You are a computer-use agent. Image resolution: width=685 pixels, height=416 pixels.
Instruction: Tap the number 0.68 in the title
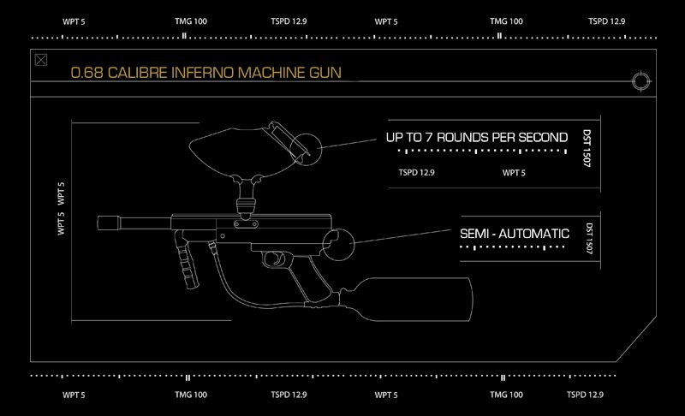coord(87,73)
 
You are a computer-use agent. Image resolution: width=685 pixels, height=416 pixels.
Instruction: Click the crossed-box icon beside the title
coord(40,60)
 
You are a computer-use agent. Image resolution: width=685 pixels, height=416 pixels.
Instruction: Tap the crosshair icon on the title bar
coord(640,81)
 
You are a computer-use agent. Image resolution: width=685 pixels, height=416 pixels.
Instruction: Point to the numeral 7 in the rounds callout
coord(429,138)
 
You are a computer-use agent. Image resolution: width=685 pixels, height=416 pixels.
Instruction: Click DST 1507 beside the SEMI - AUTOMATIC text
coord(589,238)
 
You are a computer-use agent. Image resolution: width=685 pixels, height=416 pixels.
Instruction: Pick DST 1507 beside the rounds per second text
coord(587,147)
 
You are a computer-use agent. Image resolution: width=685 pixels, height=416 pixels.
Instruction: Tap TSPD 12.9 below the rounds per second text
coord(416,172)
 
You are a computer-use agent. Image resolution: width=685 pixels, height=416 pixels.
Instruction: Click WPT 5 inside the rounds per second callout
coord(514,173)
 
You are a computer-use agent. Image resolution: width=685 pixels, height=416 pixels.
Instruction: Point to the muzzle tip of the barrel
coord(98,223)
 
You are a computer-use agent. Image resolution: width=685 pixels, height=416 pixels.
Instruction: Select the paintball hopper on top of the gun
coord(249,151)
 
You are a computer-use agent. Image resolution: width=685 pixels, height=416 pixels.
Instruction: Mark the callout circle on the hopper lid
coord(306,149)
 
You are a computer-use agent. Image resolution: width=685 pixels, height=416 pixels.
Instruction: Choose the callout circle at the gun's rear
coord(338,245)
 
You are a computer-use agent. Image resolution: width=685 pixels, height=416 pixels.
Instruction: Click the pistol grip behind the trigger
coord(315,279)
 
